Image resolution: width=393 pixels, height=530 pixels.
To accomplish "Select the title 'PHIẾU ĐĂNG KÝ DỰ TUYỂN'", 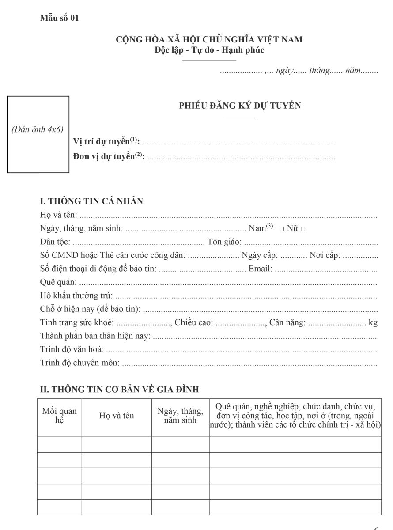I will (240, 106).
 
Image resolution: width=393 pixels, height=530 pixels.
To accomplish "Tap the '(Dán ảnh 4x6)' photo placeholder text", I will (37, 129).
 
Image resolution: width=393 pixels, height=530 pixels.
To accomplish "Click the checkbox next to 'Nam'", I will (281, 229).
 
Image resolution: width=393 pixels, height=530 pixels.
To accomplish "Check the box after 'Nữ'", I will (303, 229).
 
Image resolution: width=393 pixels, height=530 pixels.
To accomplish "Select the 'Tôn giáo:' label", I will (224, 242).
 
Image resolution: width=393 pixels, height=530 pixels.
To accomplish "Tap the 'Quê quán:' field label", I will (58, 282).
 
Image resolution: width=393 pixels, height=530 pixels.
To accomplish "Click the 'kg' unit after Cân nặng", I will (373, 322).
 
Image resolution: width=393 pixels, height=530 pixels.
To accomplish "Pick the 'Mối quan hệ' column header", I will (59, 416).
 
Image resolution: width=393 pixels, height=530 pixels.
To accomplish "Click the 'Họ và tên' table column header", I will (116, 416).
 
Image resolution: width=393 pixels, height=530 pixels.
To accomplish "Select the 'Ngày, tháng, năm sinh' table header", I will (180, 416).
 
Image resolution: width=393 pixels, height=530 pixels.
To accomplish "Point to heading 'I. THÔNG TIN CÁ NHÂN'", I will (91, 201).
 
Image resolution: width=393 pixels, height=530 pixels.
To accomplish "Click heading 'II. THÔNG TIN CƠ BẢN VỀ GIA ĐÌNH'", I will (119, 389).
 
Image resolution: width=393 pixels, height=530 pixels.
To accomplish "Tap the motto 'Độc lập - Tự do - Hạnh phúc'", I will (209, 50).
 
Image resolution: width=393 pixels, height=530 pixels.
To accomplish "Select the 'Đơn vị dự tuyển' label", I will (108, 156).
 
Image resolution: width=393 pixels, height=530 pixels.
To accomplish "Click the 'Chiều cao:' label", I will (193, 322).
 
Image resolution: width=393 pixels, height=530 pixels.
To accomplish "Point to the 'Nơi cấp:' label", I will (325, 255).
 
